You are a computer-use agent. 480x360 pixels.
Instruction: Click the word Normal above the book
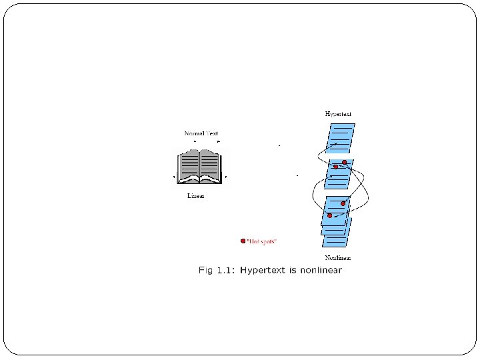(x=194, y=134)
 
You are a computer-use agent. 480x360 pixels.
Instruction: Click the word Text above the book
(x=212, y=134)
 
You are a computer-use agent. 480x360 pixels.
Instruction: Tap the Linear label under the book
(x=195, y=196)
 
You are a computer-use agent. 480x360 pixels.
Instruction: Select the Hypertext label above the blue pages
(x=338, y=114)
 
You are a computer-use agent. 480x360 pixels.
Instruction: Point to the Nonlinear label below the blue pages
(x=338, y=257)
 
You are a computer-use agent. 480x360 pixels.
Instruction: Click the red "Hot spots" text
(x=261, y=241)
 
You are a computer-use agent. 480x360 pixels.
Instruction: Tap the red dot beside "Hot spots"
(x=243, y=241)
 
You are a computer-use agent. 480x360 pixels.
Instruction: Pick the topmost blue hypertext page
(x=341, y=139)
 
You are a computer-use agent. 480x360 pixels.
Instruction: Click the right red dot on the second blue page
(x=345, y=163)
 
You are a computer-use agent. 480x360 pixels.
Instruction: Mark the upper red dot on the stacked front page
(x=343, y=203)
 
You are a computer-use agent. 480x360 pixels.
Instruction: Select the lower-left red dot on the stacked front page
(x=329, y=215)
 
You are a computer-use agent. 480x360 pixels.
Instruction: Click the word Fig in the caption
(x=207, y=270)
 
